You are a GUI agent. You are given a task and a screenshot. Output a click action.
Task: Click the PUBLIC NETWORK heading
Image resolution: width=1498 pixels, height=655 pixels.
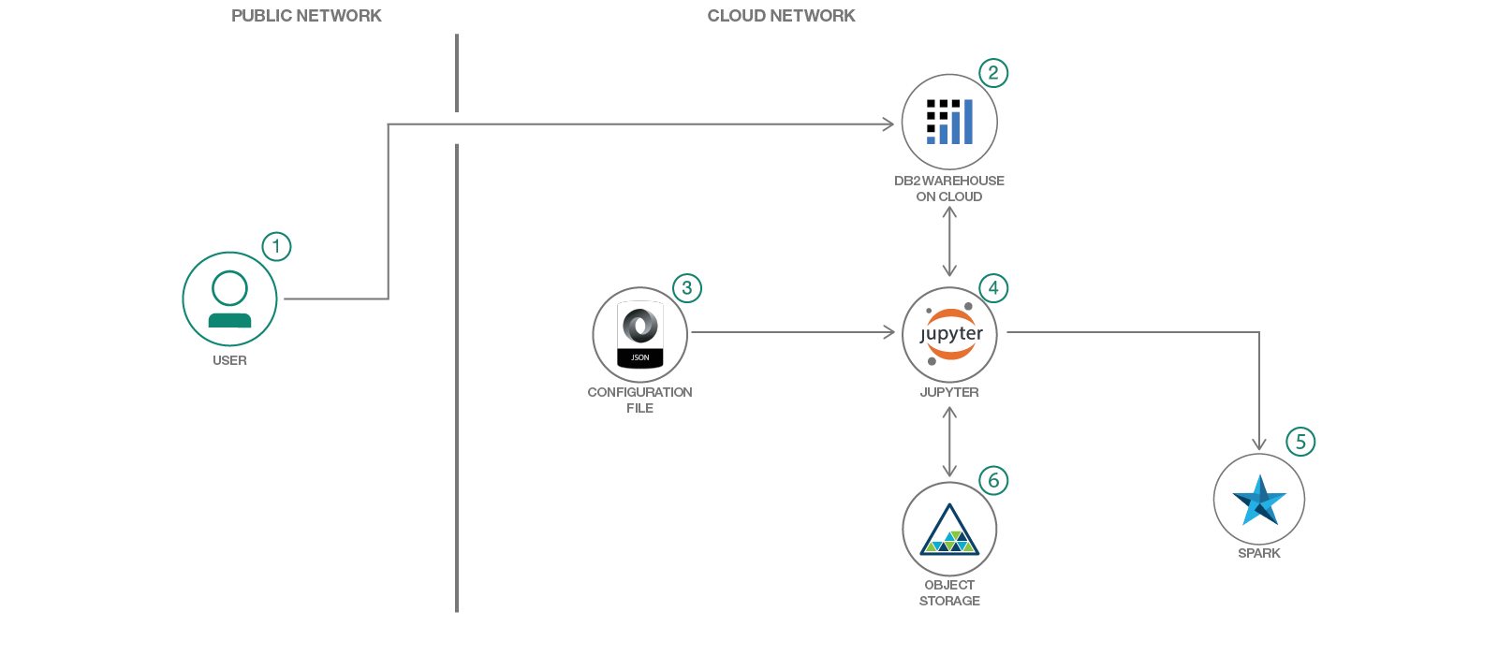[306, 16]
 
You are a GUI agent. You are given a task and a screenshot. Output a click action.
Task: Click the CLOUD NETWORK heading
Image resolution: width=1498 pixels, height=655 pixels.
[781, 16]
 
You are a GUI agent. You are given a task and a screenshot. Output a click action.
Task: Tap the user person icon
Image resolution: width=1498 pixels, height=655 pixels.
[229, 299]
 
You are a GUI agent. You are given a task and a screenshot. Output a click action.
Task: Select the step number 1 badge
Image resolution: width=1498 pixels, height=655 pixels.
[276, 247]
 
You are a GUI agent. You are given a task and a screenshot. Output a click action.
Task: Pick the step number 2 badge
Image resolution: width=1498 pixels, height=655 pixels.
[993, 73]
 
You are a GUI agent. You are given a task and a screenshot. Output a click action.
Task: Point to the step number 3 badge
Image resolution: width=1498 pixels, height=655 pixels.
[687, 288]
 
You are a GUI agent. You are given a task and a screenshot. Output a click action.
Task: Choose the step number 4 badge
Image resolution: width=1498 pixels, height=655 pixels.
[993, 288]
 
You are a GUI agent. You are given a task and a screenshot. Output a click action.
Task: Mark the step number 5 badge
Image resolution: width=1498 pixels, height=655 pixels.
[1300, 442]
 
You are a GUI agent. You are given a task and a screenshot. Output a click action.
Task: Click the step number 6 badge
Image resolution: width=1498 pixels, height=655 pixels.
[993, 481]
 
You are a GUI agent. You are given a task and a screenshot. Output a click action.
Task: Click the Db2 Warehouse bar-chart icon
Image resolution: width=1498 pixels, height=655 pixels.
[949, 123]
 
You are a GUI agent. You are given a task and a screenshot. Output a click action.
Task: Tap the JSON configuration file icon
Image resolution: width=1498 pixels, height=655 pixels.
[640, 334]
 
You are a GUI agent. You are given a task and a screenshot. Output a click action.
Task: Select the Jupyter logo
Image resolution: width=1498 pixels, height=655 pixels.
[950, 334]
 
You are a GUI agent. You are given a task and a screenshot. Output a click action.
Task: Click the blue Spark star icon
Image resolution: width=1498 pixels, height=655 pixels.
[1259, 500]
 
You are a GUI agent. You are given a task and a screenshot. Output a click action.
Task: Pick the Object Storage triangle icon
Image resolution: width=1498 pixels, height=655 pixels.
[949, 531]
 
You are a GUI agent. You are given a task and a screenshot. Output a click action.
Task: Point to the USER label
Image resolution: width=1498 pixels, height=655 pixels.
[229, 360]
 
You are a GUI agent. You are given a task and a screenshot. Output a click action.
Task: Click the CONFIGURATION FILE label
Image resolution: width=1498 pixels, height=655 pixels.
[640, 400]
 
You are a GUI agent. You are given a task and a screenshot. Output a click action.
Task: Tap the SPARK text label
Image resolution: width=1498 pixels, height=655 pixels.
[1259, 553]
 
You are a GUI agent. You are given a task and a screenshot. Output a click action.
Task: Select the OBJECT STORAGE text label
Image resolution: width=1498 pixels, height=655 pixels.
[949, 592]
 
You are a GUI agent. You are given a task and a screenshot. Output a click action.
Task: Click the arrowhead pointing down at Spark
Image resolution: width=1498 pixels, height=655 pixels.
[1259, 444]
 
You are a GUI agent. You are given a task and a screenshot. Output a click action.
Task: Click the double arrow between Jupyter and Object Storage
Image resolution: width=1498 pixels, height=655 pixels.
[949, 442]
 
